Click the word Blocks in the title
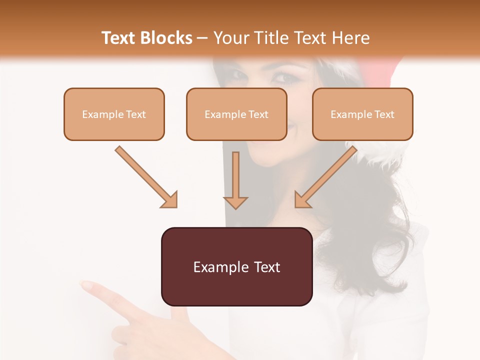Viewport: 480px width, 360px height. pos(166,38)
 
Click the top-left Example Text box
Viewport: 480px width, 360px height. pos(114,114)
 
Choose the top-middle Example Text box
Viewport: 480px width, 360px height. pos(236,114)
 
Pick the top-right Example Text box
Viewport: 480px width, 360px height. pos(362,114)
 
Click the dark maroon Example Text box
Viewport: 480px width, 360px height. pos(236,266)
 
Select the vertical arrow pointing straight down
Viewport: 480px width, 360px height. pos(235,180)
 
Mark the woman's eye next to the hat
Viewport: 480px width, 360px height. pos(285,77)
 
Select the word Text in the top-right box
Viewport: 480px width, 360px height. pos(384,114)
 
